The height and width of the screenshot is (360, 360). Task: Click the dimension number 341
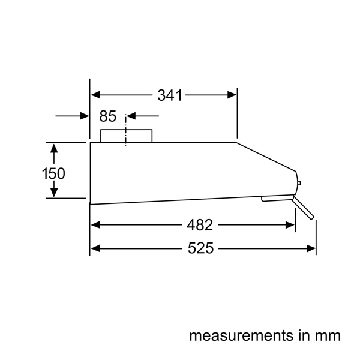point(170,95)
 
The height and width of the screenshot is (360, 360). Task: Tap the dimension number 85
point(107,116)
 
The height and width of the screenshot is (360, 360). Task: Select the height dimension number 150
point(53,173)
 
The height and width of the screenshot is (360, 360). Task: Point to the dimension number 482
point(200,225)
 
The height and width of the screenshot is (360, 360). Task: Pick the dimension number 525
point(200,248)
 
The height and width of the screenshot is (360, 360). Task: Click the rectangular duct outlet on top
point(126,136)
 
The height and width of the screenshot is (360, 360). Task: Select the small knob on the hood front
point(299,183)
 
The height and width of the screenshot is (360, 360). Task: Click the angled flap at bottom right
point(302,208)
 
